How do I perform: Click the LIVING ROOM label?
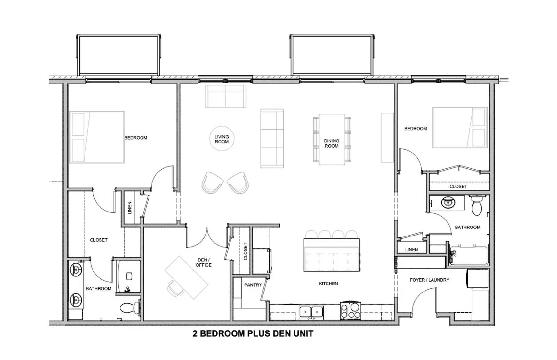pos(221,139)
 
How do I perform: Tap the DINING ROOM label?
pos(331,143)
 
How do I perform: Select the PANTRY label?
pos(253,285)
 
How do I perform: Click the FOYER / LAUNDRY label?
pos(429,280)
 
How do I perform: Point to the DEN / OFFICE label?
pos(204,263)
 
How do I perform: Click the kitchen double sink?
pos(311,312)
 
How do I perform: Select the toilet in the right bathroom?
pos(477,205)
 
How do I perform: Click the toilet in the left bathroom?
pos(130,307)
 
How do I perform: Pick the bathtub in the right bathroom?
pos(468,255)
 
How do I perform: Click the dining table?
pos(332,139)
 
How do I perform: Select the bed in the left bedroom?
pos(97,137)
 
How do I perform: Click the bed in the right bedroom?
pos(460,127)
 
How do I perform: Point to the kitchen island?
pos(331,255)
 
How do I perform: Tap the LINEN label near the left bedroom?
pos(130,208)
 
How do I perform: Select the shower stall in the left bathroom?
pos(128,277)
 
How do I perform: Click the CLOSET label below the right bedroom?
pos(458,186)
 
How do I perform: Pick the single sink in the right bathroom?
pos(448,202)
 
